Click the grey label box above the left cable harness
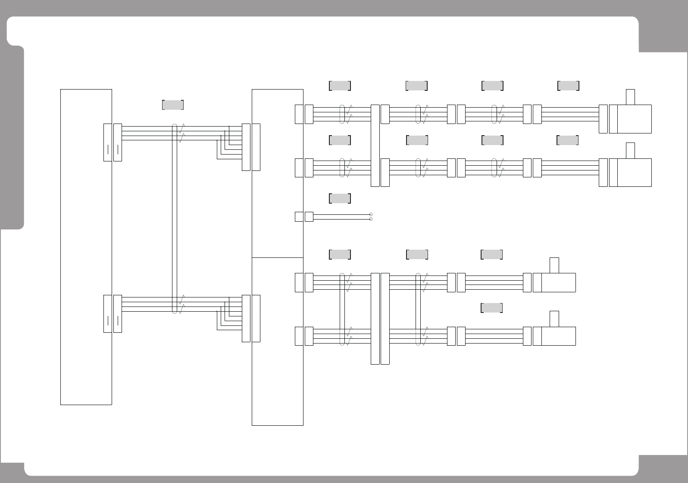click(173, 105)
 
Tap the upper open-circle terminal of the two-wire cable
click(371, 214)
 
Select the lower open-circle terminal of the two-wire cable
click(371, 219)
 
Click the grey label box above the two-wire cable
click(340, 198)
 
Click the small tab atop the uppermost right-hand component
click(630, 97)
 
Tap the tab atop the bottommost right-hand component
click(554, 319)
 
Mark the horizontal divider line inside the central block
click(277, 257)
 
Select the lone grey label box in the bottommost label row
click(491, 308)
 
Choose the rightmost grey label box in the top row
click(568, 86)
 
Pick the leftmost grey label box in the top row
click(340, 86)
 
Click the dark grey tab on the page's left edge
click(12, 138)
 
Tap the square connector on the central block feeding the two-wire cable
click(299, 217)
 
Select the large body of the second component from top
click(634, 173)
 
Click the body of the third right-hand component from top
click(559, 282)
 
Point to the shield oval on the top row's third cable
click(494, 114)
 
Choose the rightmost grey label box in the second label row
click(567, 140)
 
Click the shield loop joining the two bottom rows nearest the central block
click(343, 309)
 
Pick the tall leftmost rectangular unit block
click(86, 247)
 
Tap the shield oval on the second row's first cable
click(343, 168)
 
